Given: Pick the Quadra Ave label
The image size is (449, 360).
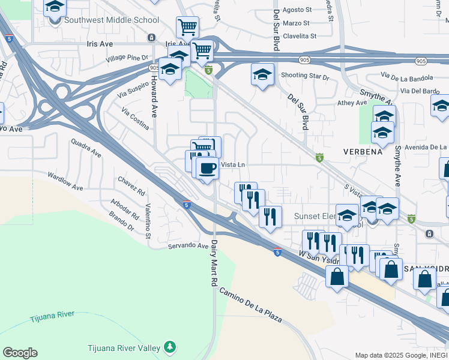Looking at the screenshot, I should pyautogui.click(x=86, y=148).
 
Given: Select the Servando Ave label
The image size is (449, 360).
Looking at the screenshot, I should pyautogui.click(x=188, y=245).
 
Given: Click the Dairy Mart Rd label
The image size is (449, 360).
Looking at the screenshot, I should pyautogui.click(x=212, y=266).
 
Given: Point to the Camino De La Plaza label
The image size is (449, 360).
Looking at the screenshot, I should pyautogui.click(x=250, y=305).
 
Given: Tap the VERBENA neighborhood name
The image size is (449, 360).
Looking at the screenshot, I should pyautogui.click(x=363, y=152).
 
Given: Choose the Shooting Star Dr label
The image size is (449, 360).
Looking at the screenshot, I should pyautogui.click(x=306, y=76).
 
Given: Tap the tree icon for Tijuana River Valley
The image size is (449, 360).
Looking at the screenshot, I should pyautogui.click(x=170, y=347).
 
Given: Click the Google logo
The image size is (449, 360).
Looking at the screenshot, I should pyautogui.click(x=20, y=353).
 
